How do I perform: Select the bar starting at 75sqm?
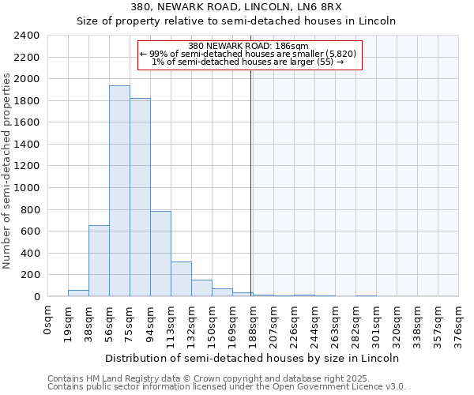pyautogui.click(x=140, y=197)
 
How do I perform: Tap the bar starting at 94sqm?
pyautogui.click(x=160, y=254)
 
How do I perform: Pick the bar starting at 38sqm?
pyautogui.click(x=99, y=261)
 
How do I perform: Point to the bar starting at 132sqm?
pyautogui.click(x=201, y=288)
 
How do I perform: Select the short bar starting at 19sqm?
pyautogui.click(x=78, y=293)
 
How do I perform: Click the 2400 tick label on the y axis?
pyautogui.click(x=27, y=36)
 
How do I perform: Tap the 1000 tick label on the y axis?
pyautogui.click(x=27, y=188)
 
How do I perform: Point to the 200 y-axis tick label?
pyautogui.click(x=30, y=275)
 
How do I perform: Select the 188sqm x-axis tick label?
pyautogui.click(x=254, y=322)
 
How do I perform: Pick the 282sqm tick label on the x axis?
pyautogui.click(x=356, y=322)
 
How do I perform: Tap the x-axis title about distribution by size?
pyautogui.click(x=251, y=358)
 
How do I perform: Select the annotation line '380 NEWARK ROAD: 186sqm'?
pyautogui.click(x=249, y=46)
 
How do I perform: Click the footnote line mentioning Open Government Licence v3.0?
pyautogui.click(x=227, y=387)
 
